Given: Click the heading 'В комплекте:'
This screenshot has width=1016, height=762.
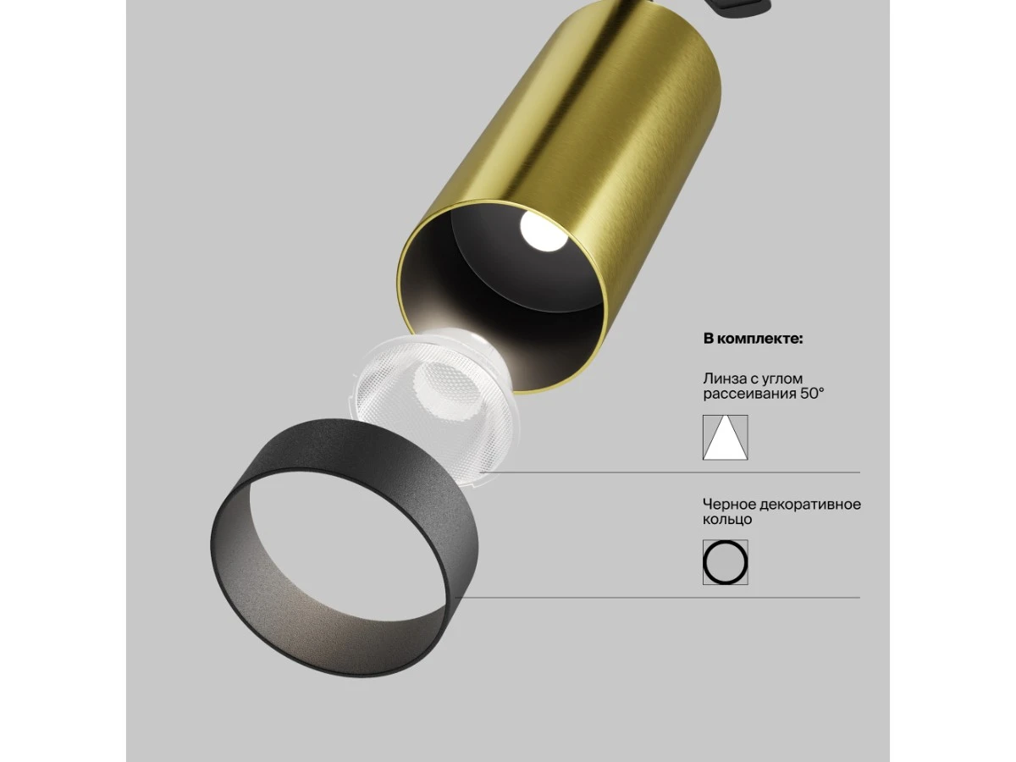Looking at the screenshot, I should click(x=753, y=339).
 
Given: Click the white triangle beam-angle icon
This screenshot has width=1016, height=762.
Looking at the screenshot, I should click(x=725, y=438).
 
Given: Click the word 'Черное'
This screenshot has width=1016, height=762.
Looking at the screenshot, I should click(x=726, y=505).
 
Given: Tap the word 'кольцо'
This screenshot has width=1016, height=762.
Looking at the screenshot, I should click(x=726, y=519).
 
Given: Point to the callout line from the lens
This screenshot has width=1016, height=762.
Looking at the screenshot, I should click(x=677, y=472).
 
